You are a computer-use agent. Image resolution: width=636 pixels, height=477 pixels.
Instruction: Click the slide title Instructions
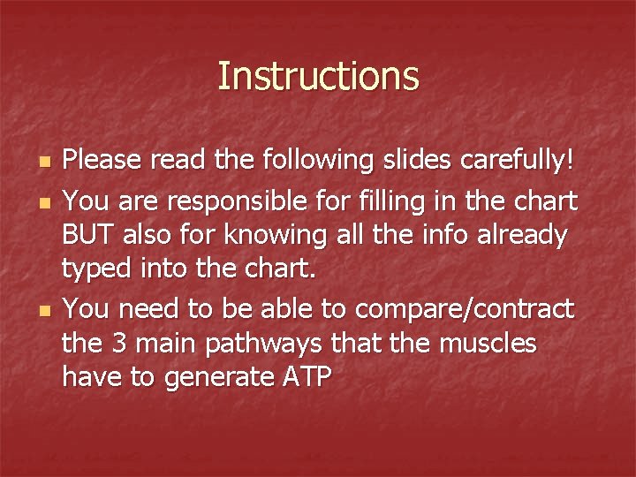[318, 77]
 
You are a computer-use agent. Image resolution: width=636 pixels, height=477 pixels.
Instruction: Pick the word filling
[407, 201]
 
